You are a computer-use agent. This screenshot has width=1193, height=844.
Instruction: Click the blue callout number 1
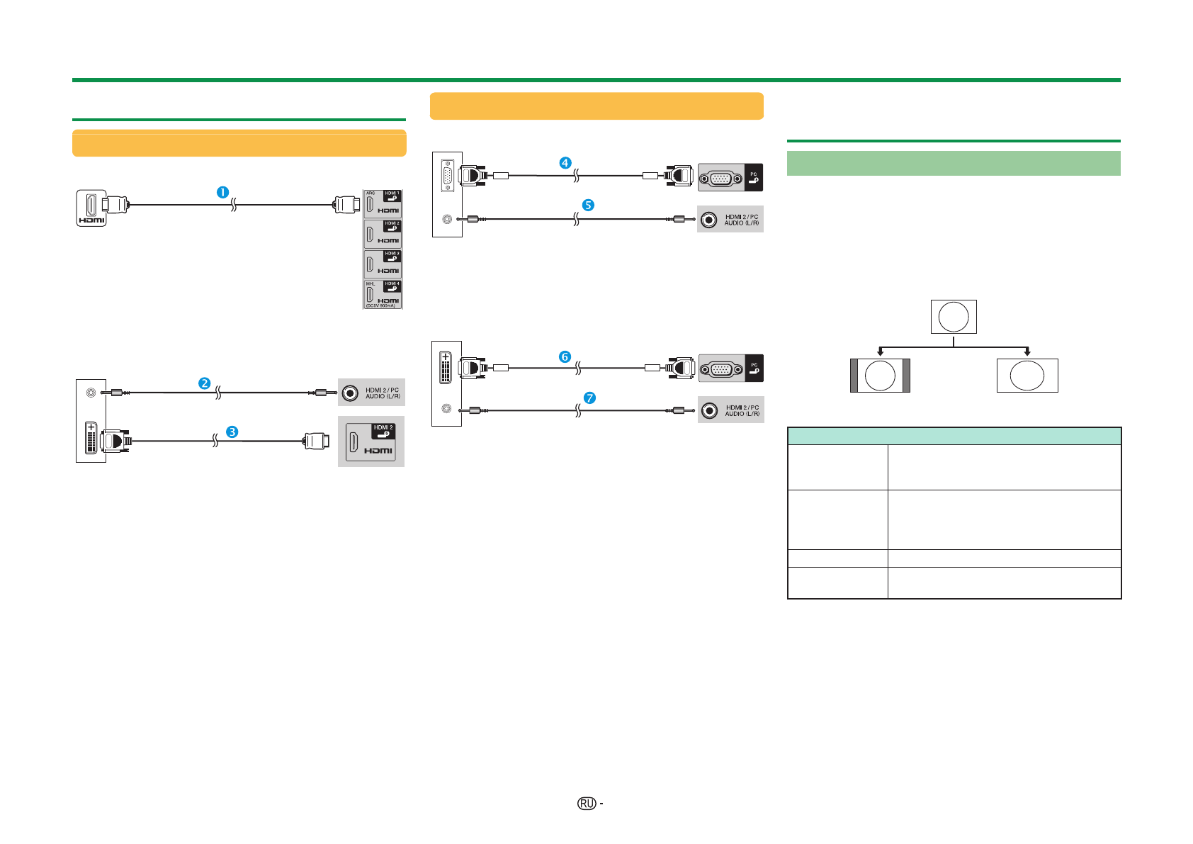pyautogui.click(x=222, y=192)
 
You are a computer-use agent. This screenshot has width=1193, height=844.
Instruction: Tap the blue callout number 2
pyautogui.click(x=204, y=383)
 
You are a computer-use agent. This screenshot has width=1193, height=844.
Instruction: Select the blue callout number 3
pyautogui.click(x=232, y=432)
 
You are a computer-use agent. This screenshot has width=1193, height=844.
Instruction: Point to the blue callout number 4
pyautogui.click(x=565, y=163)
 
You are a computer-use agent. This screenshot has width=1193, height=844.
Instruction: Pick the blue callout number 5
pyautogui.click(x=588, y=205)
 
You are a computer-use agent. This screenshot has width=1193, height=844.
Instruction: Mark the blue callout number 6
pyautogui.click(x=565, y=356)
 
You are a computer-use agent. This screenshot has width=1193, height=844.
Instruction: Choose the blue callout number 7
pyautogui.click(x=589, y=398)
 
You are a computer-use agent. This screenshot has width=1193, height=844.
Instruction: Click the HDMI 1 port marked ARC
pyautogui.click(x=383, y=203)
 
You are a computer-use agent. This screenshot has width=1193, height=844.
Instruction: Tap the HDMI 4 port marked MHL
pyautogui.click(x=383, y=294)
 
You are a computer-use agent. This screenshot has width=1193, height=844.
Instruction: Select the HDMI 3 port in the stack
pyautogui.click(x=383, y=264)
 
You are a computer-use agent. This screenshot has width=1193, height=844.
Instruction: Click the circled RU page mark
pyautogui.click(x=586, y=803)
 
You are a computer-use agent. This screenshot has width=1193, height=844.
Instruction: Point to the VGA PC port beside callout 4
pyautogui.click(x=720, y=178)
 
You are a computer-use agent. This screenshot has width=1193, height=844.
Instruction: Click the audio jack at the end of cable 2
pyautogui.click(x=350, y=393)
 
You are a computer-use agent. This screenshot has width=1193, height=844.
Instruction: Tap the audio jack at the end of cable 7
pyautogui.click(x=710, y=410)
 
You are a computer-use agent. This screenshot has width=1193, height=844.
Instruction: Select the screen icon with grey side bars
pyautogui.click(x=880, y=376)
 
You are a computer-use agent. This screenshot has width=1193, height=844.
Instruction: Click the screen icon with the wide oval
pyautogui.click(x=1027, y=376)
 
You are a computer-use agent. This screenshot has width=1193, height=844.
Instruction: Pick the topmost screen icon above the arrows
pyautogui.click(x=954, y=317)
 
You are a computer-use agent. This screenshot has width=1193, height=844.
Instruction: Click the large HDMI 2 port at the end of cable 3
pyautogui.click(x=371, y=441)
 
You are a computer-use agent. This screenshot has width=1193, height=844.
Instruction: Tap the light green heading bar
pyautogui.click(x=954, y=163)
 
